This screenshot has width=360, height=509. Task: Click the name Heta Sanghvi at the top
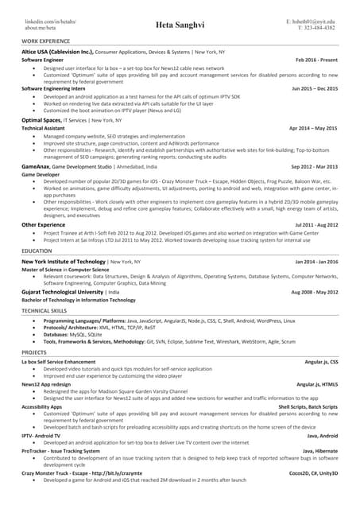coord(180,24)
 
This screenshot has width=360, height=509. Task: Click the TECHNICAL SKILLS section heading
coord(45,310)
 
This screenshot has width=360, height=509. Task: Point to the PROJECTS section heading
coord(34,351)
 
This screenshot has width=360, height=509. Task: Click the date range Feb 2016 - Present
coord(316,60)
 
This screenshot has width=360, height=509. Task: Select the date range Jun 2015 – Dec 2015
coord(315,88)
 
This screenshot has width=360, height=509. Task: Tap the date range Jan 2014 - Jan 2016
coord(315,262)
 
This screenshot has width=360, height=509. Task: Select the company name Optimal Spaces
coord(41,119)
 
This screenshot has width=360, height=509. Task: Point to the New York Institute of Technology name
coord(64,262)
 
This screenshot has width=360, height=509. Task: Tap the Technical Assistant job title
coord(43,127)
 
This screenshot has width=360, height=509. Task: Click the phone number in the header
coord(316,27)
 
